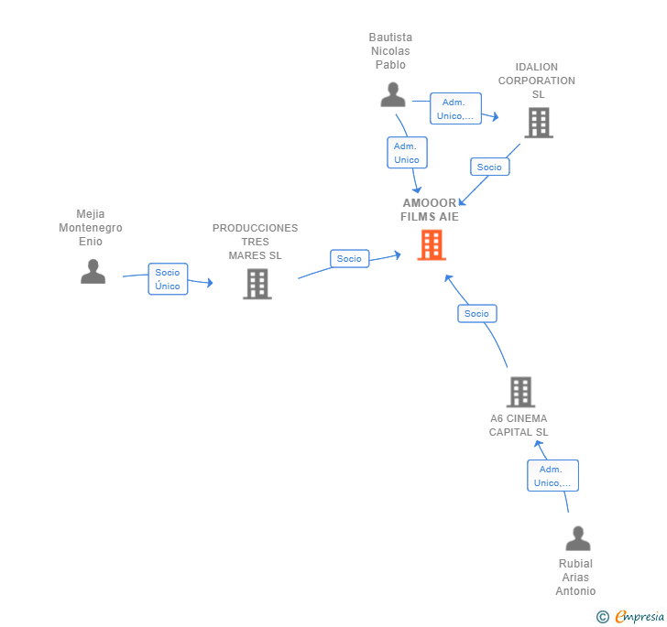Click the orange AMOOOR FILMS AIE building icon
point(432,244)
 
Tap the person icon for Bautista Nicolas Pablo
point(393,94)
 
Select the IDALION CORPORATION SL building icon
point(539,122)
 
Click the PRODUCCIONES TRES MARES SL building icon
point(257,284)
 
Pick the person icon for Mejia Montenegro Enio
point(93,271)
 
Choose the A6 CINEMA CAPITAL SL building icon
point(520,392)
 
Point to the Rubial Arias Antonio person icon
point(578,538)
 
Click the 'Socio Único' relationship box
point(168,279)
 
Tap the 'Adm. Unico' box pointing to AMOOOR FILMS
point(406,153)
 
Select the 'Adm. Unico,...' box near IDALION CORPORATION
point(455,109)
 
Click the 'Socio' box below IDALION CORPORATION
point(489,167)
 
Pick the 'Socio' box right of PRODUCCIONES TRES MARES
point(349,259)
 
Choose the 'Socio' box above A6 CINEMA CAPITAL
point(476,313)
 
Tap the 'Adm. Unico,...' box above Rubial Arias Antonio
point(552,476)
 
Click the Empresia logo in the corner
point(631,616)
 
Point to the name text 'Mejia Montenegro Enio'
point(91,228)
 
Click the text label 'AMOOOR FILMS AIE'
point(430,210)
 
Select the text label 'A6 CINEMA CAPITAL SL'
point(519,426)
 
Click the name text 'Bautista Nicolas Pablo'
point(390,51)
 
